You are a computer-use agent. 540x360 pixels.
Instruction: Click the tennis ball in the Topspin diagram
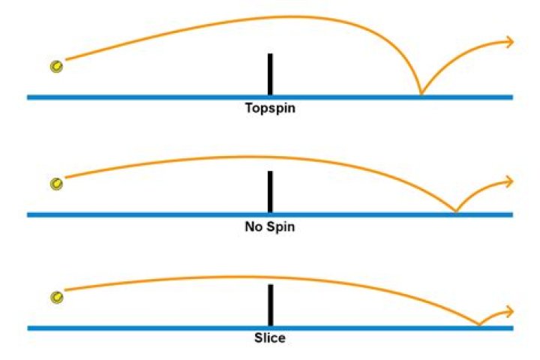[56, 66]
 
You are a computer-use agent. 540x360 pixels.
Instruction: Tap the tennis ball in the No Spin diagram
[56, 184]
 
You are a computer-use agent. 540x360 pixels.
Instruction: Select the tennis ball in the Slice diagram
[57, 297]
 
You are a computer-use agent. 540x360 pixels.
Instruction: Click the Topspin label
[270, 109]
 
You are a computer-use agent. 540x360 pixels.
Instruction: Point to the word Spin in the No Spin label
[281, 226]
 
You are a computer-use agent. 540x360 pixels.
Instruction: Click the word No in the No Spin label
[253, 226]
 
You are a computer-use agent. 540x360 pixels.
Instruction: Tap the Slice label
[270, 337]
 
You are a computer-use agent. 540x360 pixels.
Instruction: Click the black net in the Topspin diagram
[270, 74]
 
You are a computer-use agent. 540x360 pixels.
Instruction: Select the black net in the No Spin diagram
[270, 192]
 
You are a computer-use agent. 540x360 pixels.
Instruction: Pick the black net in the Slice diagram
[270, 305]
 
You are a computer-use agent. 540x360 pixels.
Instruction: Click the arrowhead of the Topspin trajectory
[510, 42]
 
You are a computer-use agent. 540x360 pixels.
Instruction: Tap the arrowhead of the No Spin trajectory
[510, 181]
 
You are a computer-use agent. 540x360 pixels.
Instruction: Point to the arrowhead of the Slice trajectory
[510, 312]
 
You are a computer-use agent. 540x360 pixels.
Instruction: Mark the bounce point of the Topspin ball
[421, 94]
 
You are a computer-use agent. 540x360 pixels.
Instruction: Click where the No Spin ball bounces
[456, 211]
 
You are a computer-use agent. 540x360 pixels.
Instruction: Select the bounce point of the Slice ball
[479, 325]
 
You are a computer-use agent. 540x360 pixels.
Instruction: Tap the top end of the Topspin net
[270, 54]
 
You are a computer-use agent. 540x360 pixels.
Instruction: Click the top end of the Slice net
[270, 284]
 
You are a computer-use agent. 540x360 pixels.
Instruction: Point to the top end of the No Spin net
[270, 171]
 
